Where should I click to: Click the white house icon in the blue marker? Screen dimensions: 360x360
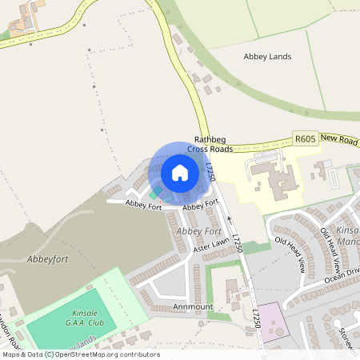180,172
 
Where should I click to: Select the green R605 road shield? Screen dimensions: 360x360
305,139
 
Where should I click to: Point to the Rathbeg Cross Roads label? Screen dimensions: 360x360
210,143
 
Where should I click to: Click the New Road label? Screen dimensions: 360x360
338,138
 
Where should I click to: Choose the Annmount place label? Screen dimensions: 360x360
191,306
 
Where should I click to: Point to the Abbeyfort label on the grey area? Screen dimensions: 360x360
43,258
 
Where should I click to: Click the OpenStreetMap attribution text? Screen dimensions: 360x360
80,354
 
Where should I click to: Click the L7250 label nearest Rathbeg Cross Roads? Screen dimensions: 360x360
210,171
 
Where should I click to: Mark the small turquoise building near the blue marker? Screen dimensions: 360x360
153,194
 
